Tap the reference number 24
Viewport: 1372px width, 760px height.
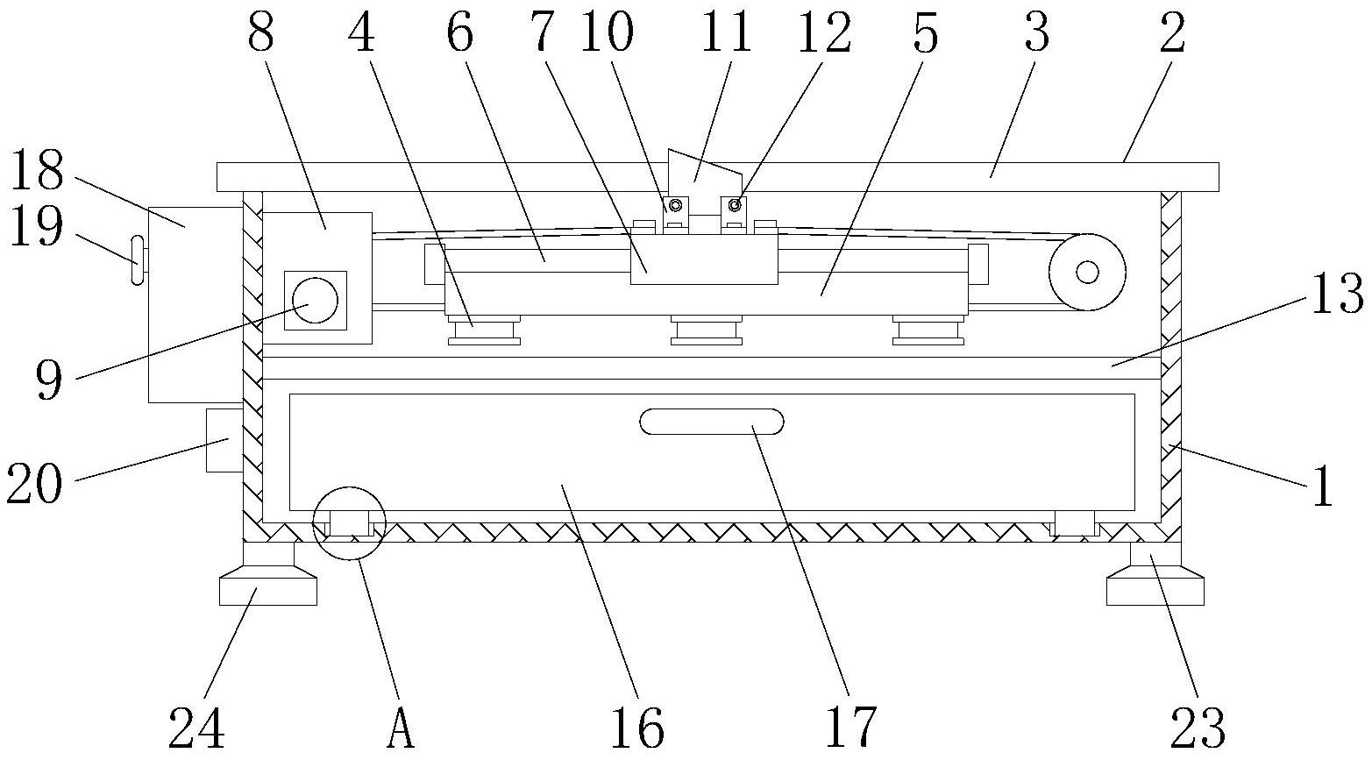pos(196,728)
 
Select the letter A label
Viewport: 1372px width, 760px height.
pos(400,728)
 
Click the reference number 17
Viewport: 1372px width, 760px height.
pos(850,728)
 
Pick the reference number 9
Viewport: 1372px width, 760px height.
pos(49,381)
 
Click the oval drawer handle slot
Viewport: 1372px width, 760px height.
pos(711,422)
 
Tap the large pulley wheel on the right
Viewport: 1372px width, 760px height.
pos(1087,273)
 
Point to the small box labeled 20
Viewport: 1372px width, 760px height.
pos(224,440)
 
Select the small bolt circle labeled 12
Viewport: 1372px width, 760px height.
pos(735,205)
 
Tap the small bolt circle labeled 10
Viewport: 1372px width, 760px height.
pos(674,205)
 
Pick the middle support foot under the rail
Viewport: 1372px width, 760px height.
pos(707,330)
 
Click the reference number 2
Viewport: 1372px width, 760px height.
pos(1171,35)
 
